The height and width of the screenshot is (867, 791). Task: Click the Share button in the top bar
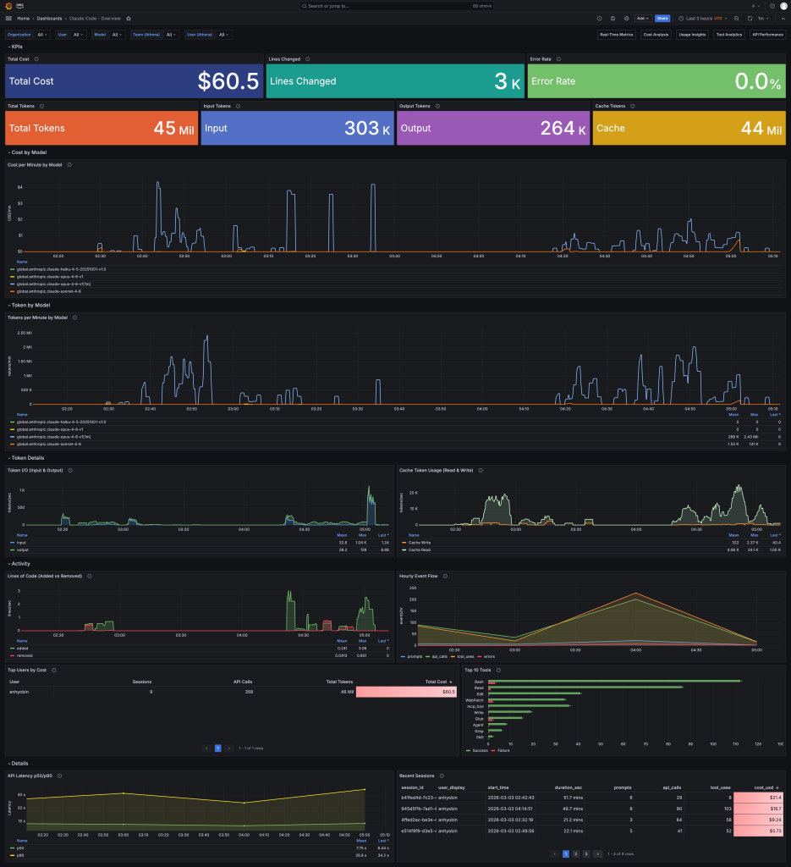coord(662,18)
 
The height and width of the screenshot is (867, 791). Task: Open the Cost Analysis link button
coord(656,35)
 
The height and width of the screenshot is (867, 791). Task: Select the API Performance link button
coord(767,35)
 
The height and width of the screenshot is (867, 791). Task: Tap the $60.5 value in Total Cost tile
coord(228,81)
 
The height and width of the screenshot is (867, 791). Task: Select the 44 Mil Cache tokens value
coord(761,129)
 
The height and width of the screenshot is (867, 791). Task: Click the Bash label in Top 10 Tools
coord(479,681)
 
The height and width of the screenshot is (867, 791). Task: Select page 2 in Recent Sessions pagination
coord(575,853)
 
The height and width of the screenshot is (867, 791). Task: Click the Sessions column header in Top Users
coord(142,681)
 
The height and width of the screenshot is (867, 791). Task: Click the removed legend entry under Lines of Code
coord(25,655)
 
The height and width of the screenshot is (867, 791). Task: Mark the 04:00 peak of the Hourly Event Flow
coord(634,594)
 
